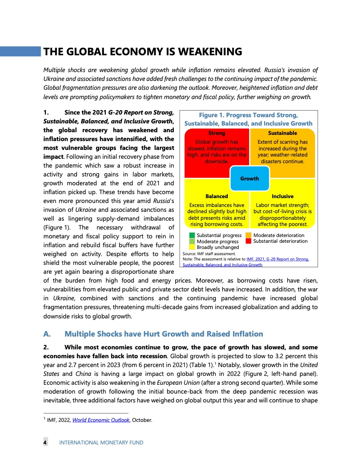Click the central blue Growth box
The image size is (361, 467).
(250, 179)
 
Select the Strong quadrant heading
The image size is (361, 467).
(217, 133)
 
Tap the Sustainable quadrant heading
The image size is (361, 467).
(283, 133)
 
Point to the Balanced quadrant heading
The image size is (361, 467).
(217, 196)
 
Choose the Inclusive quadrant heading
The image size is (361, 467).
(283, 196)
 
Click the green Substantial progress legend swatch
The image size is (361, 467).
(192, 235)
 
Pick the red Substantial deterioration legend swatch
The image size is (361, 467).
(249, 241)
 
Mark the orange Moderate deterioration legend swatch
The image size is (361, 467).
(249, 235)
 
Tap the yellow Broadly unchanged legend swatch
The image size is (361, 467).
(192, 247)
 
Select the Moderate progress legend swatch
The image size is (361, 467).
(192, 241)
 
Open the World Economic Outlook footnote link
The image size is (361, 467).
(101, 420)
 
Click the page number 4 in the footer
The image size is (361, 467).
(45, 443)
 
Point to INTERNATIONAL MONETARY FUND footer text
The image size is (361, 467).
(101, 443)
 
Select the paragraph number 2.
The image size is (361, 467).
(46, 346)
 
